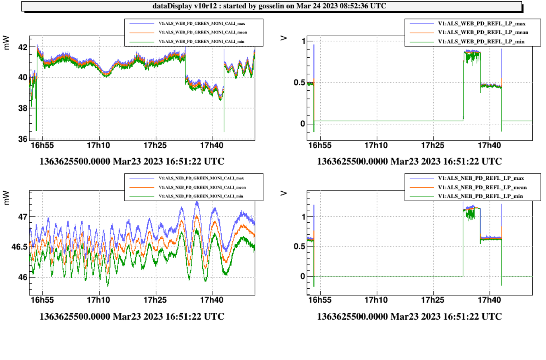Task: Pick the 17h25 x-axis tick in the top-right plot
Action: (x=433, y=146)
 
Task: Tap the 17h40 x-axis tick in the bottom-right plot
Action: (x=489, y=301)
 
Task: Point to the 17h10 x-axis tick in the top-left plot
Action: (x=99, y=146)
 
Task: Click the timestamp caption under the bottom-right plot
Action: (x=410, y=317)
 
